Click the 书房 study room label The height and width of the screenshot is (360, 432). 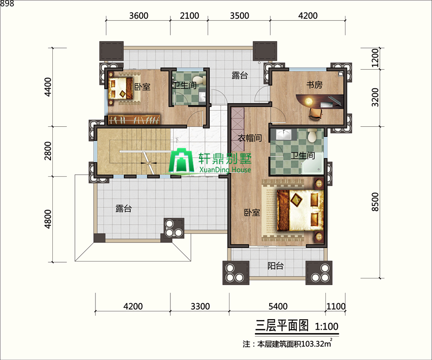pos(314,85)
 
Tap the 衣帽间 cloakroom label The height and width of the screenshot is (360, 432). pos(250,138)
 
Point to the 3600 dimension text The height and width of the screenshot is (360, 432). pos(139,15)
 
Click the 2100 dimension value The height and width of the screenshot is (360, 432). pos(189,15)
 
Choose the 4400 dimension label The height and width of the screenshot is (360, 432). pos(47,87)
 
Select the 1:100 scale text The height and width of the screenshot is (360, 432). pos(326,327)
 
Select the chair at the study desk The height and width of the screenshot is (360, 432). pos(315,113)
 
